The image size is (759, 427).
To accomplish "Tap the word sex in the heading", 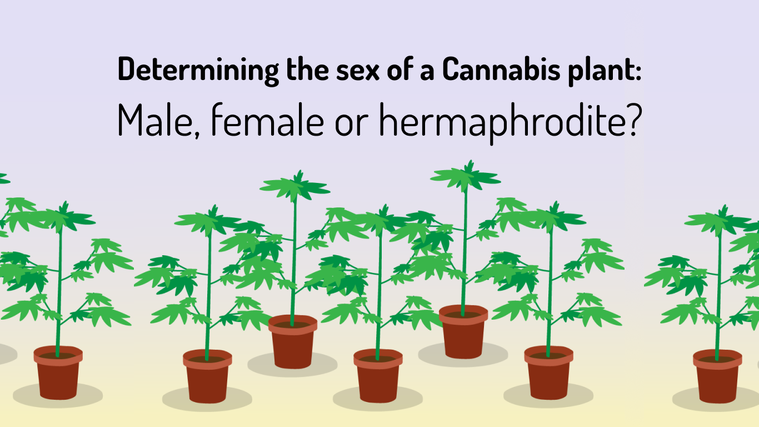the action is click(357, 72).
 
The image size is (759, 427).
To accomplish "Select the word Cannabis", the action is click(501, 69).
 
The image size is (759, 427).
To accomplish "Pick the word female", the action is click(267, 120).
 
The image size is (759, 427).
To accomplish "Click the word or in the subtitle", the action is click(351, 125).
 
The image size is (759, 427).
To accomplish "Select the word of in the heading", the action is click(400, 69).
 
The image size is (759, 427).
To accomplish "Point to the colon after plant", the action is click(638, 72).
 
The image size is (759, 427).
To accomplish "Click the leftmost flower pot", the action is click(58, 373).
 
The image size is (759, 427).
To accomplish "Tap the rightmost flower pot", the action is click(717, 376).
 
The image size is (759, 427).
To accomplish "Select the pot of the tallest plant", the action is click(463, 331).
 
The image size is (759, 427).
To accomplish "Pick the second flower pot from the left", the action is click(207, 376).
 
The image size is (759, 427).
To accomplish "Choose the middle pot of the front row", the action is click(378, 375).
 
